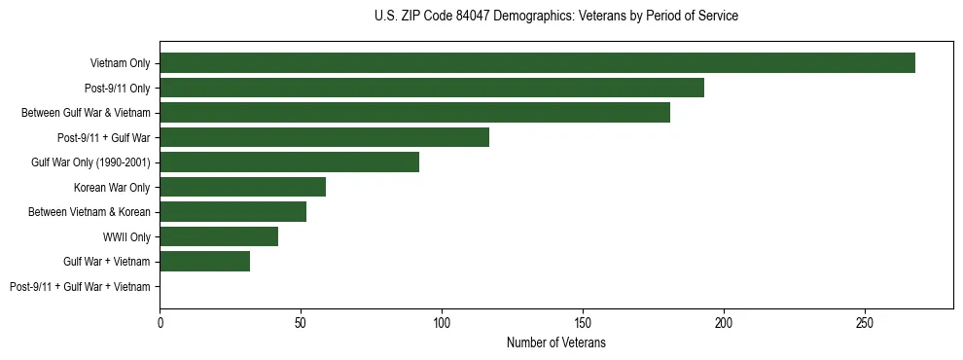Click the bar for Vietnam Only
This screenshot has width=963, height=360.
(537, 63)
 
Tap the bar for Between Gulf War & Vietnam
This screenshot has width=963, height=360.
(414, 113)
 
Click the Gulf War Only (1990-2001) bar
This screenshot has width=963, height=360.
(289, 162)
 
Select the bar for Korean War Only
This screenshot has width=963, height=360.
(242, 187)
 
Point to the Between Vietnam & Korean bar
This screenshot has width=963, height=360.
(232, 212)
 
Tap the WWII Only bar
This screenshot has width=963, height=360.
(219, 236)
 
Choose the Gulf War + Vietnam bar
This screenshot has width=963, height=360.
(204, 262)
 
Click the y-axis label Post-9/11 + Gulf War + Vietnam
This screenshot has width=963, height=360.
(80, 286)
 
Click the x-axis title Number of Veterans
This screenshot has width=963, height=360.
(556, 342)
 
